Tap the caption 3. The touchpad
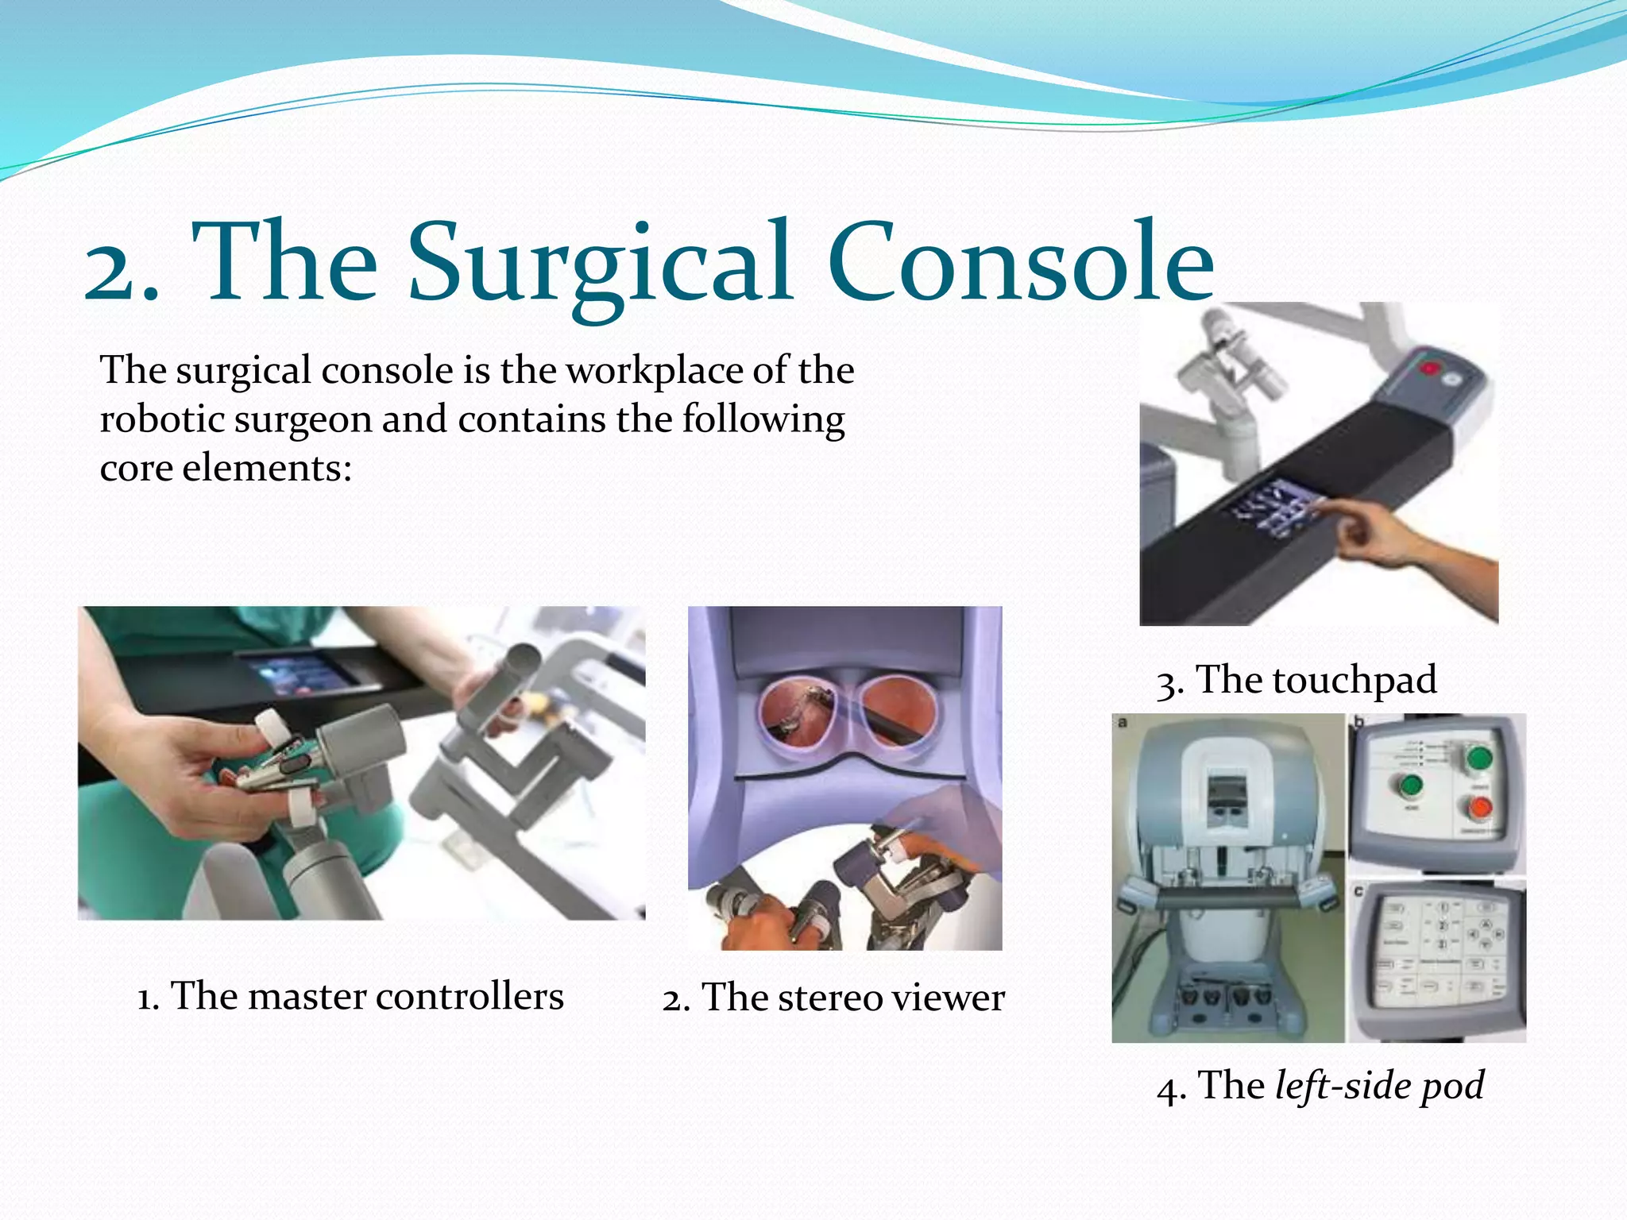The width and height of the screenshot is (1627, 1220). point(1297,680)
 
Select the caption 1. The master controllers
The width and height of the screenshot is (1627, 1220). point(350,996)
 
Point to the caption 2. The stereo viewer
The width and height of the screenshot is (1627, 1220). point(833,998)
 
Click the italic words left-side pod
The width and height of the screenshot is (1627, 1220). point(1379,1085)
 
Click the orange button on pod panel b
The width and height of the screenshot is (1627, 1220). point(1478,809)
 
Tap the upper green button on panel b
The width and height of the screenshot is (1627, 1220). point(1478,758)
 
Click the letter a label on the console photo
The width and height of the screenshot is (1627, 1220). point(1123,723)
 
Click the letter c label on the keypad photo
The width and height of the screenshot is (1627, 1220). point(1359,891)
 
